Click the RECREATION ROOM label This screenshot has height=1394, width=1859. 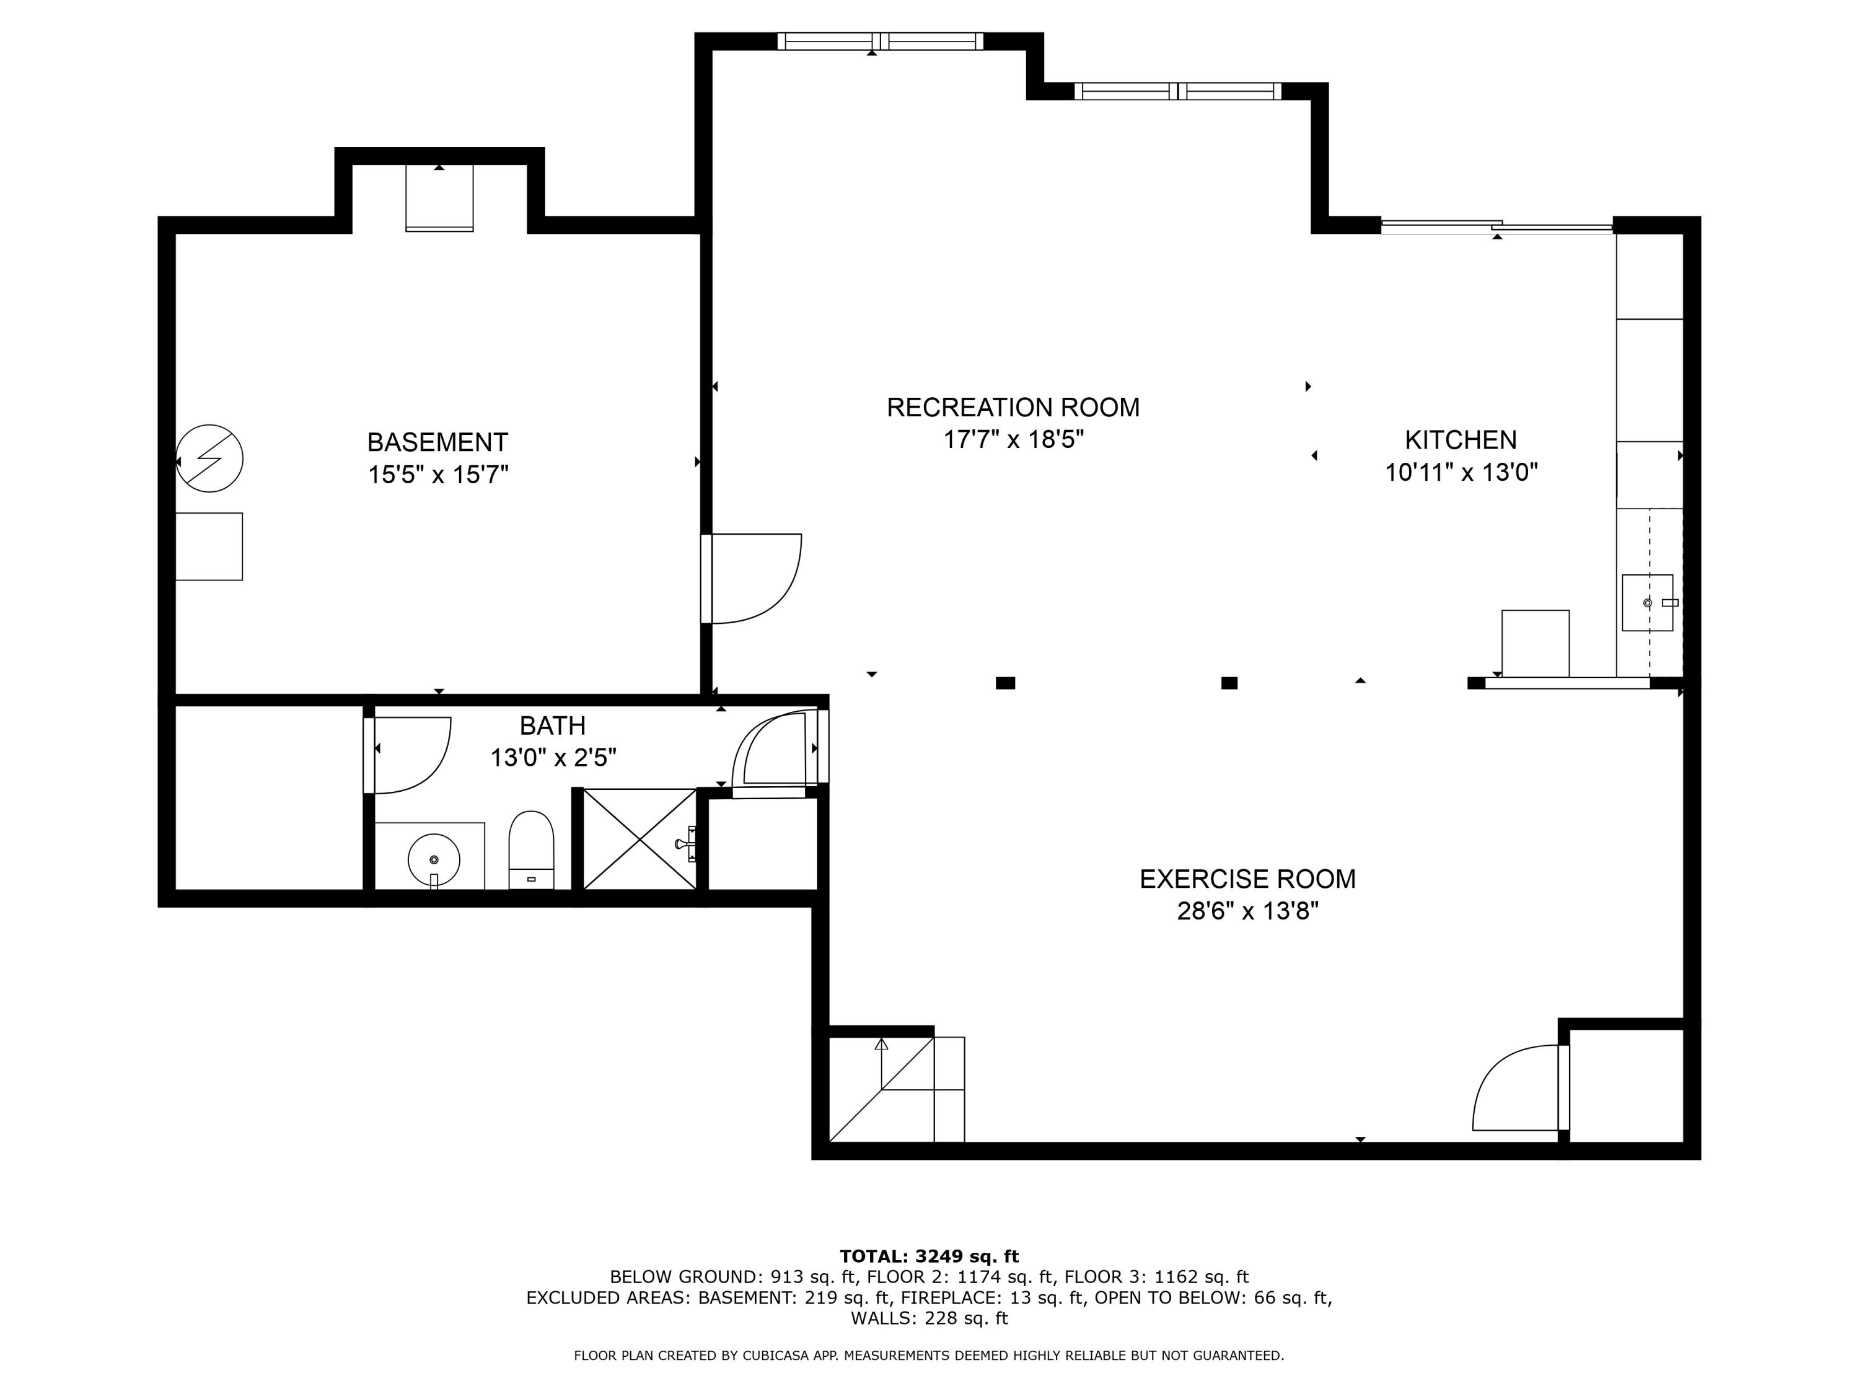point(1013,408)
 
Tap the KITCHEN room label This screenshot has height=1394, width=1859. point(1461,439)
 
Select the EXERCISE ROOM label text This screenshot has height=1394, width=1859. point(1247,879)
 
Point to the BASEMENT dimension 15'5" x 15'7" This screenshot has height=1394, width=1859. point(438,475)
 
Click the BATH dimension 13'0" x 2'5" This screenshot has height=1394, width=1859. point(553,758)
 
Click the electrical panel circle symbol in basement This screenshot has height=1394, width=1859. point(209,458)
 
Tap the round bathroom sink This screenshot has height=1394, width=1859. point(434,859)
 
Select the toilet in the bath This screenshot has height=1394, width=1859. point(531,849)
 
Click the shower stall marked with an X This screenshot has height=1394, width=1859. point(639,839)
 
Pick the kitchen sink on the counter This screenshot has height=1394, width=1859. point(1646,602)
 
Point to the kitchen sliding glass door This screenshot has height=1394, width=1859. point(1496,225)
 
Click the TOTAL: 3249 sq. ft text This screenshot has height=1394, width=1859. point(929,1256)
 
